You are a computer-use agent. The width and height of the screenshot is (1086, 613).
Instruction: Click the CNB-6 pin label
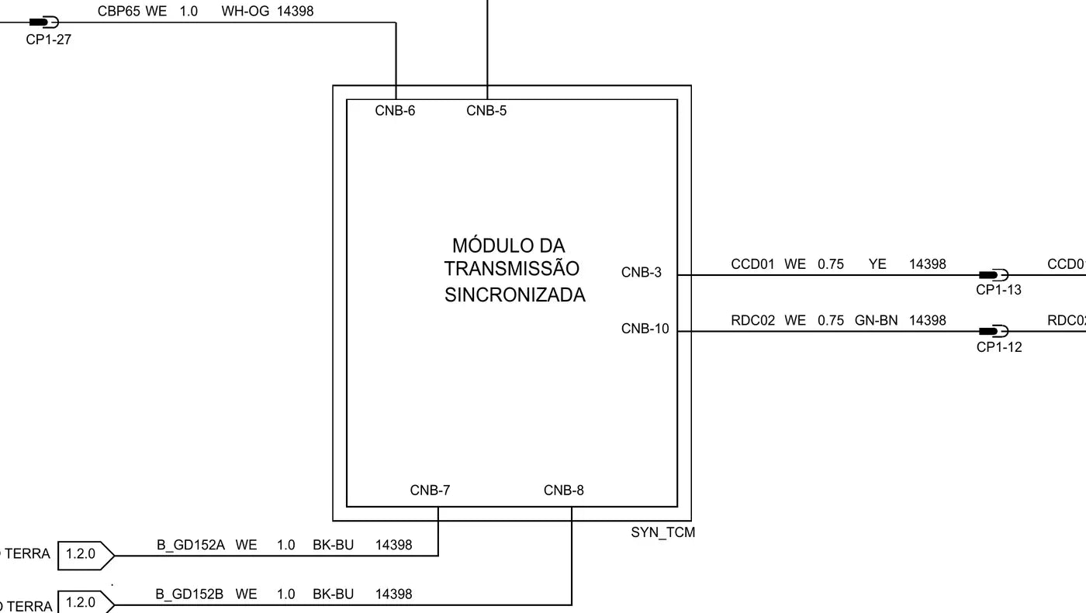(395, 111)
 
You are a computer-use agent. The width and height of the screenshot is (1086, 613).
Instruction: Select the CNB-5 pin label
(486, 111)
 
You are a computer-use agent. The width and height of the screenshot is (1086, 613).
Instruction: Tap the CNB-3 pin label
(641, 273)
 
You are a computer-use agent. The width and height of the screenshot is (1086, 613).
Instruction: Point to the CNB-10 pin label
(645, 329)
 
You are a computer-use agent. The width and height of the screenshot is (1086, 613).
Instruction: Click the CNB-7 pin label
(430, 491)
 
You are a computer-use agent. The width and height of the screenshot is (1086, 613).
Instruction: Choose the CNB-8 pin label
(563, 491)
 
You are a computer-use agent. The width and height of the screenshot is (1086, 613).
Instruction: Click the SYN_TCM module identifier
(662, 532)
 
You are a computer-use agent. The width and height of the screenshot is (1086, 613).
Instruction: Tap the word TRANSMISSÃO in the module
(511, 269)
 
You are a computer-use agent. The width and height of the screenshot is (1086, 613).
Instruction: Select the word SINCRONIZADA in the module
(515, 295)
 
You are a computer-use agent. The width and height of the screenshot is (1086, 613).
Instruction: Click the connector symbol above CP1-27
(43, 22)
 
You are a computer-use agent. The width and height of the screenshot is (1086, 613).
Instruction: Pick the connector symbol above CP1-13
(994, 275)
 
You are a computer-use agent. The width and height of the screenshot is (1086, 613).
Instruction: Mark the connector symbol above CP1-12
(994, 331)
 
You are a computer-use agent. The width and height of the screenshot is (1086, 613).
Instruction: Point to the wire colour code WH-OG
(245, 11)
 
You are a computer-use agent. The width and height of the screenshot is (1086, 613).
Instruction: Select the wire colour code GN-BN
(876, 321)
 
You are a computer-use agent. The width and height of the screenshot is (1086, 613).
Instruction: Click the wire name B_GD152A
(191, 546)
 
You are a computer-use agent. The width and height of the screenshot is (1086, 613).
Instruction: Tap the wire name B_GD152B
(189, 594)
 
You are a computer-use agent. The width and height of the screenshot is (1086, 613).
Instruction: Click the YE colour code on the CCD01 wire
(877, 264)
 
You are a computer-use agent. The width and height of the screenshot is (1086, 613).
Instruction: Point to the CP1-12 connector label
(999, 347)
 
